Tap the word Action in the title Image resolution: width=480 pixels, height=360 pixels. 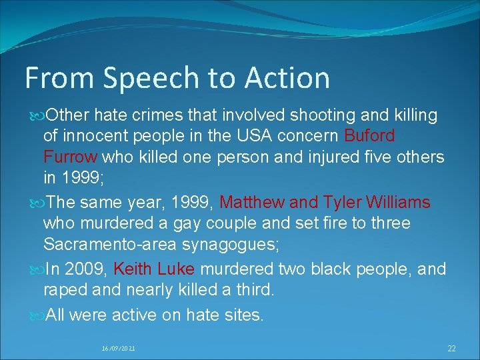[x=287, y=77]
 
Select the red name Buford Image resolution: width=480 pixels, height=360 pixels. [x=369, y=136]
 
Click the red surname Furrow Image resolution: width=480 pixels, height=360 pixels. [x=71, y=157]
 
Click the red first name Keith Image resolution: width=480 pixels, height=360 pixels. [x=134, y=269]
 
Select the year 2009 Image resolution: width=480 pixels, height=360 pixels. [x=87, y=269]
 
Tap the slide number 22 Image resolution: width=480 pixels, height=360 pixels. [x=451, y=348]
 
